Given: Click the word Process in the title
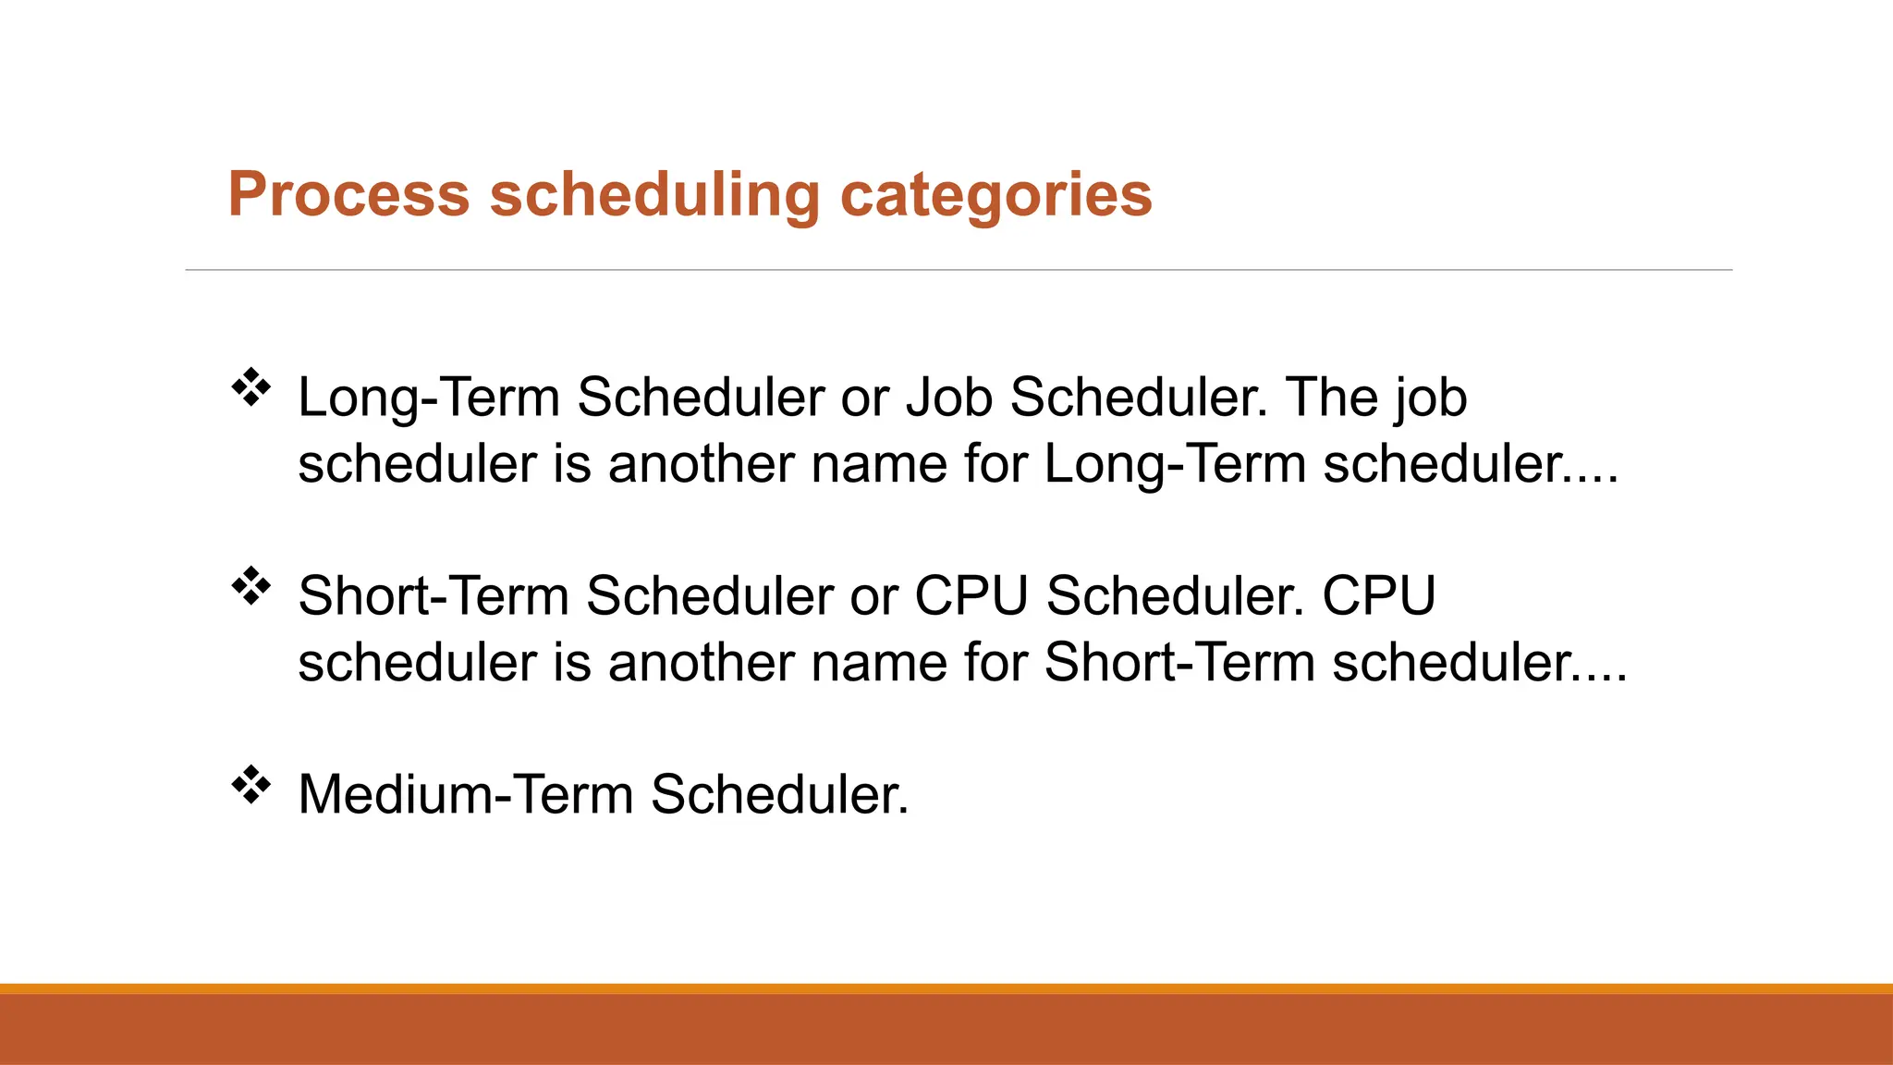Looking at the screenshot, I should [348, 195].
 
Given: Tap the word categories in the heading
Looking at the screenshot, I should [995, 195].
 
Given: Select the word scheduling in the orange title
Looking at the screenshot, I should [654, 195].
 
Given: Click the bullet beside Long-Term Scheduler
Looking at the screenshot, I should [250, 387].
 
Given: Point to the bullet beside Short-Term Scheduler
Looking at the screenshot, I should [250, 586].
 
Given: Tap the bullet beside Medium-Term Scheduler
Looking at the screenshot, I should [250, 785].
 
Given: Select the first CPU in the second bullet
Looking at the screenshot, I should [971, 596].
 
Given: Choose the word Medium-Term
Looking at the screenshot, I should [466, 794].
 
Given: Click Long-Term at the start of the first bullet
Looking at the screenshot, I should [429, 398].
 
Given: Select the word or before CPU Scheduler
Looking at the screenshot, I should [873, 596].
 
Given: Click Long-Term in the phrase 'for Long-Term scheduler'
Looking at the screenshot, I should [1175, 464].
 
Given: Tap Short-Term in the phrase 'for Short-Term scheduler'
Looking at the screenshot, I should [1179, 663].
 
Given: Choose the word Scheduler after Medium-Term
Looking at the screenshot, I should [779, 794].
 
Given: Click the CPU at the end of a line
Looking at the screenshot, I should [1378, 596].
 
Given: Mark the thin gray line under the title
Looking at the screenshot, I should [959, 270].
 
